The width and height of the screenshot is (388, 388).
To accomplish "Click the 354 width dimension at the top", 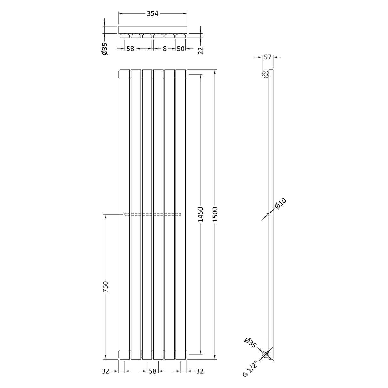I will click(152, 13).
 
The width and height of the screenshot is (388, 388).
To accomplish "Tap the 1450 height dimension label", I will click(200, 214).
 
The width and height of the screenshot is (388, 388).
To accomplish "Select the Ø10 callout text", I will click(281, 204).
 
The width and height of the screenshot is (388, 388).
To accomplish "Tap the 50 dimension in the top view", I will click(181, 49).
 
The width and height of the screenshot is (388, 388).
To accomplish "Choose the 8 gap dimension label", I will click(165, 49).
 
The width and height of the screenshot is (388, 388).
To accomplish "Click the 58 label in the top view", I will click(130, 49).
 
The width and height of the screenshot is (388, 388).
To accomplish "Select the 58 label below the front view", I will click(153, 371).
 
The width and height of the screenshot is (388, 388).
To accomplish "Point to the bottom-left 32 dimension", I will click(105, 371).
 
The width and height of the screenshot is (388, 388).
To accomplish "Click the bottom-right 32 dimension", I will click(199, 371).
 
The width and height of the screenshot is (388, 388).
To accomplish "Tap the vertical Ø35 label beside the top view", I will click(105, 49).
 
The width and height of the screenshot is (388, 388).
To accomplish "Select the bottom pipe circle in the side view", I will click(266, 354).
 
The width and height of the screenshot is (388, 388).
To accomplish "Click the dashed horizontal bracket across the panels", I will click(152, 214).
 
